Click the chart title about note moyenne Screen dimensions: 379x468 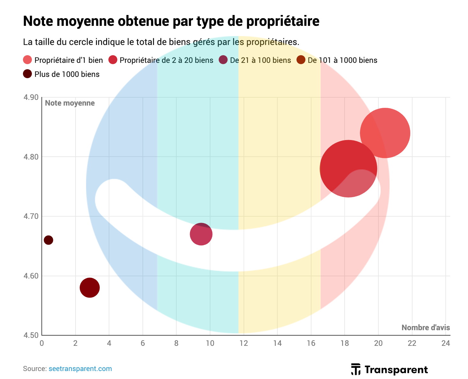tap(171, 21)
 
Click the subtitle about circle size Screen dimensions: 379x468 tap(161, 42)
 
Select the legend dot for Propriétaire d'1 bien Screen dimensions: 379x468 tap(28, 60)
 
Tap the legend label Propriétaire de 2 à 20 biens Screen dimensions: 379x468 tap(166, 60)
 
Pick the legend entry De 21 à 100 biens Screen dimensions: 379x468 tap(260, 60)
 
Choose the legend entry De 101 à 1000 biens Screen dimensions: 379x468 tap(342, 60)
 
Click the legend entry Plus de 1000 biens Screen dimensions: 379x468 tap(67, 74)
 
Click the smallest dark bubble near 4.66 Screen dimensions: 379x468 tap(48, 240)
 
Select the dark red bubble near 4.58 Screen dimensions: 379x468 tap(90, 288)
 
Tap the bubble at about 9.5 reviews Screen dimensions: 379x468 tap(201, 234)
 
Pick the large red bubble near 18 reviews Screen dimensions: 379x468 tap(348, 169)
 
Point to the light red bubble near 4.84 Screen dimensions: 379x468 tap(385, 133)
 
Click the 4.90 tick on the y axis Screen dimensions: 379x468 tap(31, 97)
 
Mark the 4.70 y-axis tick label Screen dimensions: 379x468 tap(31, 216)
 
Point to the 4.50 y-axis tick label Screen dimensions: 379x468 tap(31, 335)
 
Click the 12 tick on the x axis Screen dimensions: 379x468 tap(244, 344)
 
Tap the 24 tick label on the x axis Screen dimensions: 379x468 tap(445, 344)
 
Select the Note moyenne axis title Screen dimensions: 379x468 tap(70, 103)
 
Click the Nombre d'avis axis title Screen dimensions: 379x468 tap(426, 328)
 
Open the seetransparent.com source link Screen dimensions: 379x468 tap(80, 369)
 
